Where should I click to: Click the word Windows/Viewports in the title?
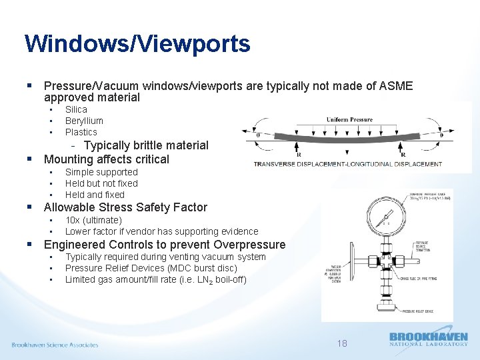coord(137,44)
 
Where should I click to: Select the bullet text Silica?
coord(76,109)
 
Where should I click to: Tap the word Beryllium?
coord(84,121)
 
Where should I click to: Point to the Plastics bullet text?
coord(81,132)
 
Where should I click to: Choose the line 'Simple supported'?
coord(101,172)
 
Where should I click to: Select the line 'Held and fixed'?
coord(95,195)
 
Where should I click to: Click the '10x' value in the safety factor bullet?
coord(73,220)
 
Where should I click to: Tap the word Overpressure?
coord(250,244)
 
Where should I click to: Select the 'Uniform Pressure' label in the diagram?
coord(349,120)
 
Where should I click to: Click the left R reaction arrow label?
coord(298,155)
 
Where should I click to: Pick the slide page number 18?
coord(342,343)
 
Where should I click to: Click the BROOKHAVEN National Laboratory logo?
coord(428,339)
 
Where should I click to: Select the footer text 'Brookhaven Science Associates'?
coord(55,345)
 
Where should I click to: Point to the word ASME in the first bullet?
coord(395,86)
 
